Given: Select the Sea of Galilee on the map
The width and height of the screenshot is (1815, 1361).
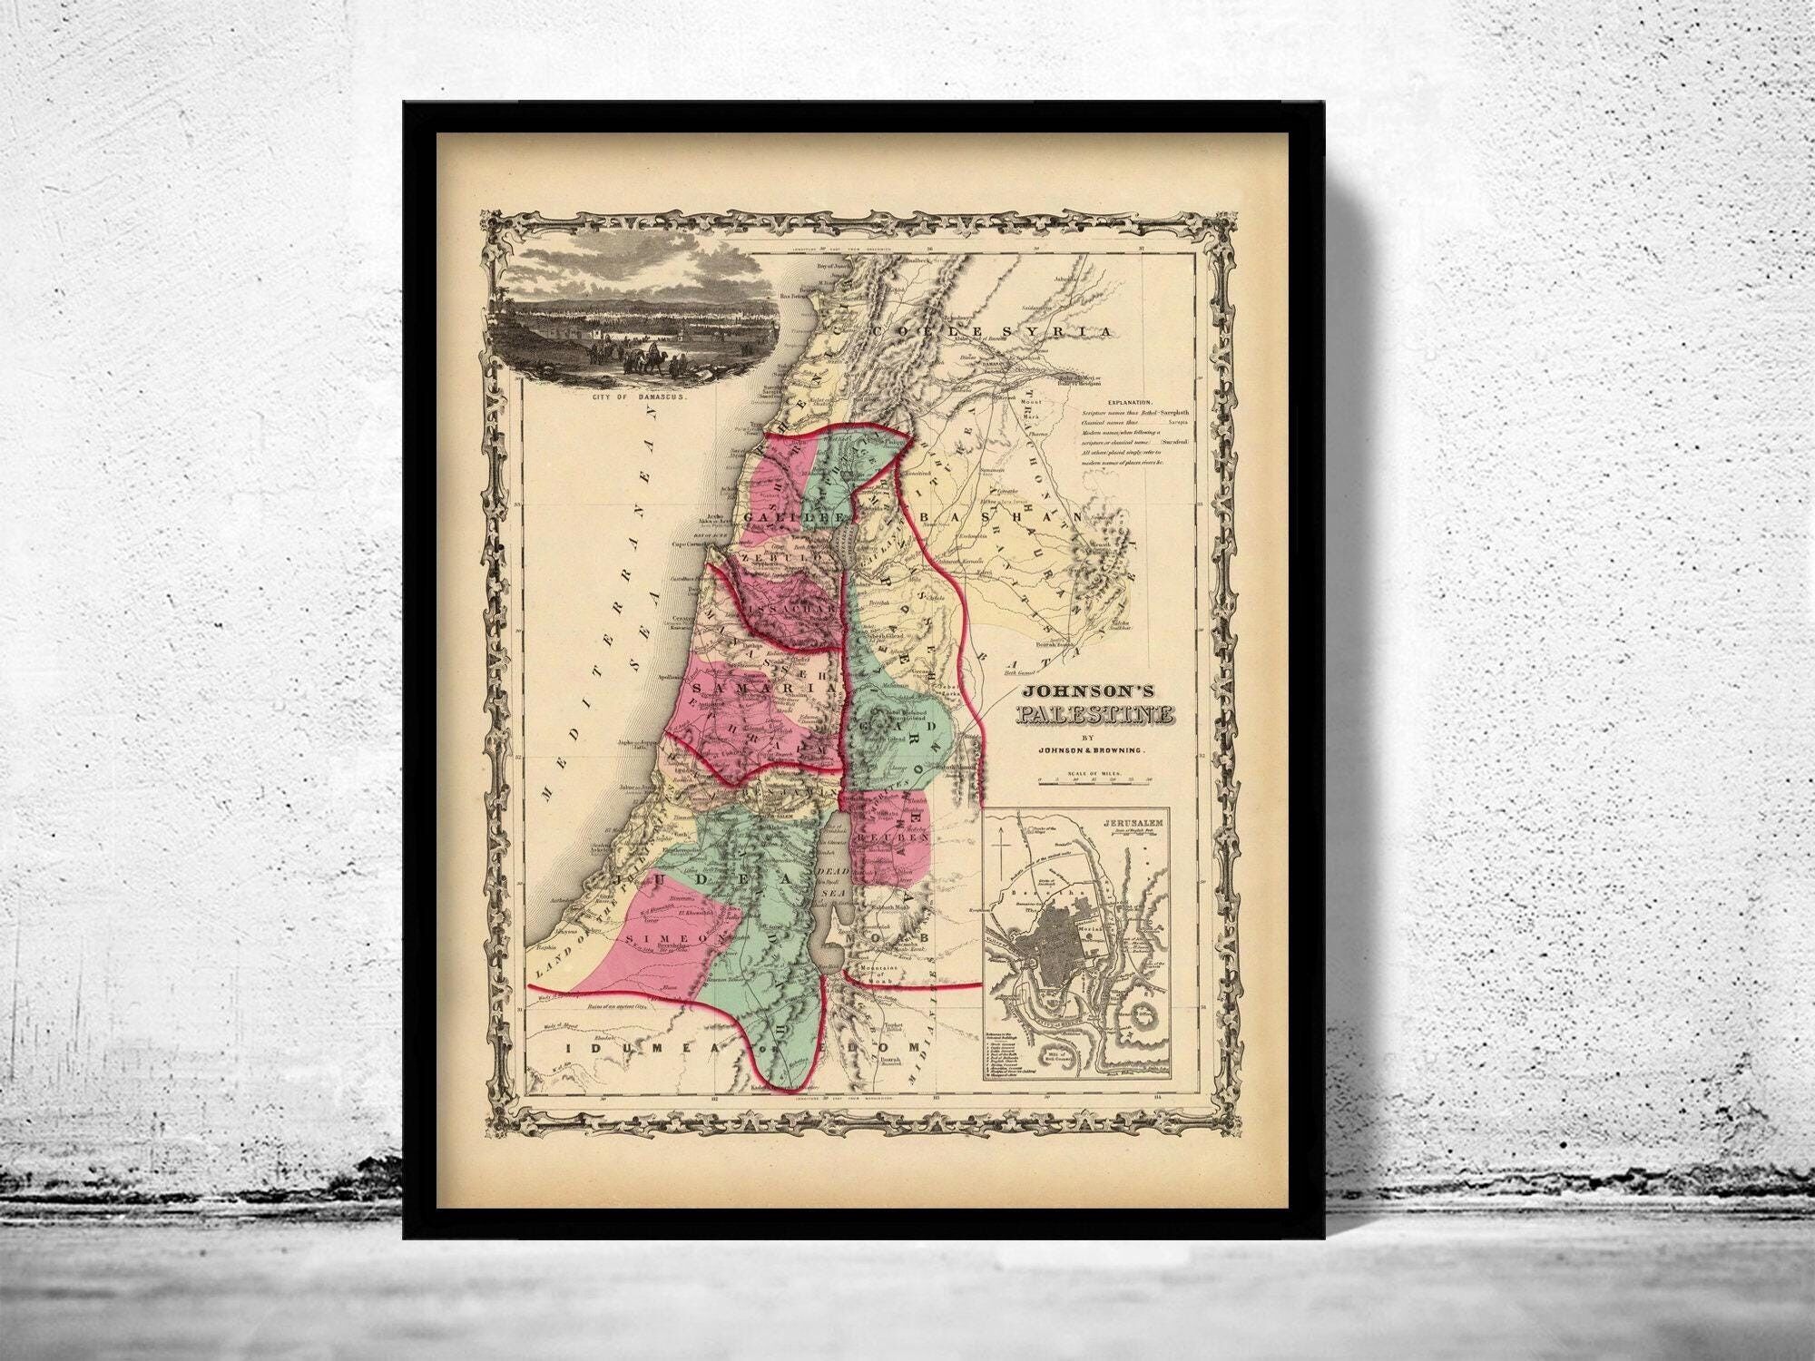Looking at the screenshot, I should (841, 548).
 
